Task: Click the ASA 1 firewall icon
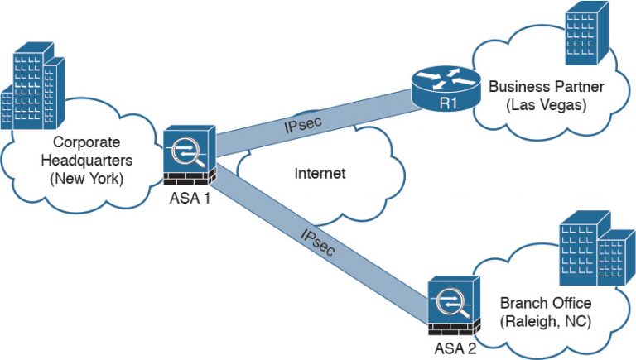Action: (190, 156)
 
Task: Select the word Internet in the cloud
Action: (320, 174)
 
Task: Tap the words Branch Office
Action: (545, 303)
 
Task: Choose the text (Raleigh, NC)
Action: (545, 322)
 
